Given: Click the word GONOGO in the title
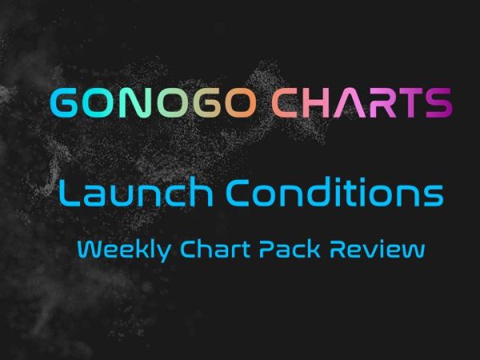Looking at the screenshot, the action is (153, 103).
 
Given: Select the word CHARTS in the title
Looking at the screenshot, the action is (362, 103).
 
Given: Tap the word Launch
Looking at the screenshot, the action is (136, 192).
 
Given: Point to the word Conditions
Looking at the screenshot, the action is (335, 192).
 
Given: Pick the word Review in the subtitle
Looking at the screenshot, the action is (377, 250).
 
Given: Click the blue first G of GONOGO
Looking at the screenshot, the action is (64, 103).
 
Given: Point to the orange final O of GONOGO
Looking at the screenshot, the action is (241, 103).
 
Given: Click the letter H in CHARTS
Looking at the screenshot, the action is (317, 103).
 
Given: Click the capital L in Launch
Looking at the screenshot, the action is (69, 192).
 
